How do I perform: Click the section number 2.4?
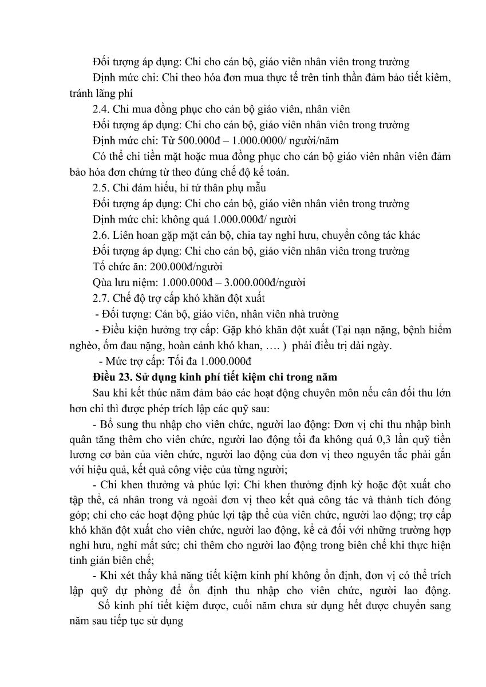click(x=101, y=109)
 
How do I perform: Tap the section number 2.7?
click(x=101, y=298)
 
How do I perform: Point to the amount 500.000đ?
click(x=176, y=140)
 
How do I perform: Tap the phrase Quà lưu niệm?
click(x=121, y=282)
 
